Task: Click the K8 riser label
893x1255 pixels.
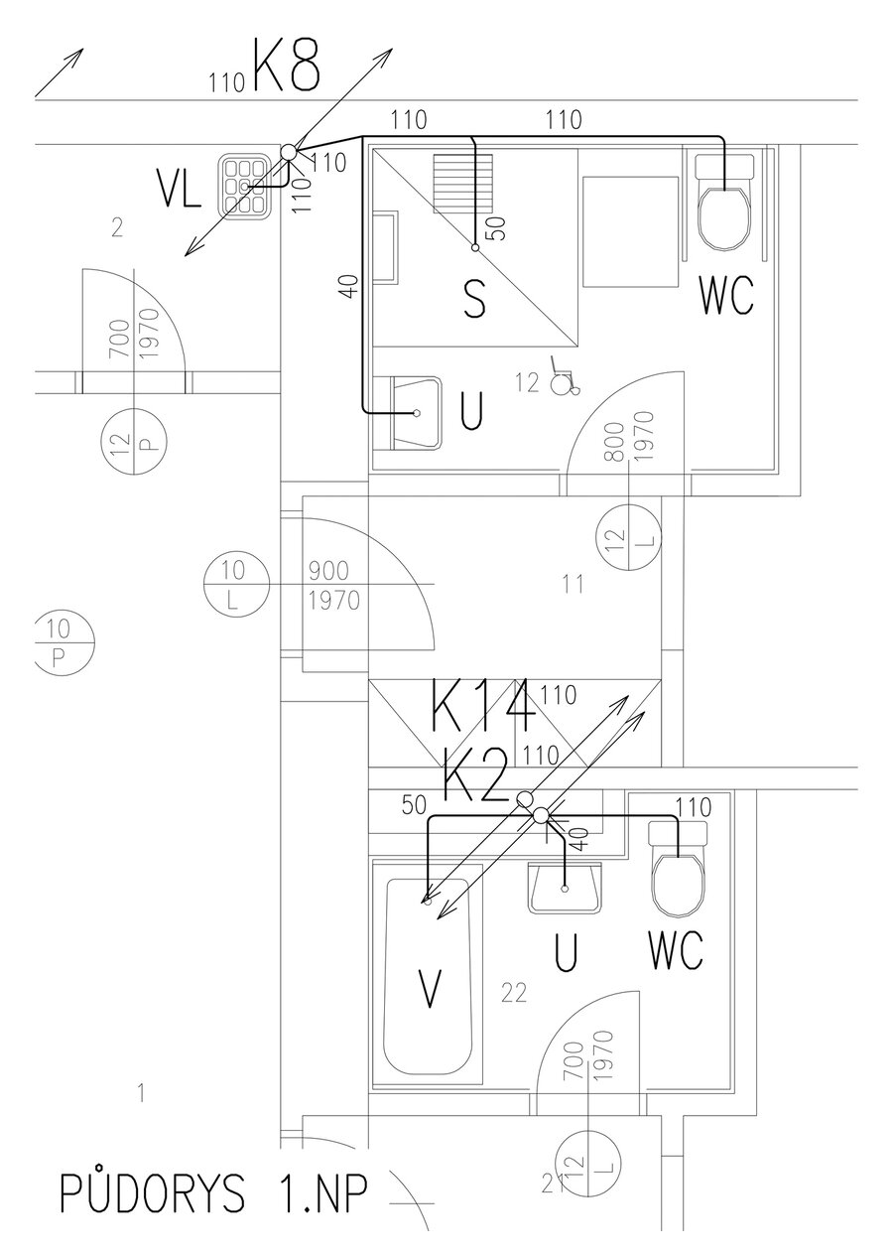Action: coord(287,67)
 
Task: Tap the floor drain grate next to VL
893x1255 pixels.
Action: coord(244,186)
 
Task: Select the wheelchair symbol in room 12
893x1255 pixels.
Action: coord(563,382)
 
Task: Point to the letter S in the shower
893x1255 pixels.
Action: coord(475,300)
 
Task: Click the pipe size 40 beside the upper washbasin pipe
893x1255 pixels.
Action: coord(347,287)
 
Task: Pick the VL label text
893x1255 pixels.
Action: coord(180,191)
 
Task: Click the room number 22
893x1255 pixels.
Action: coord(514,992)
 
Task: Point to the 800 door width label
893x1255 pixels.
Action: coord(616,441)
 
